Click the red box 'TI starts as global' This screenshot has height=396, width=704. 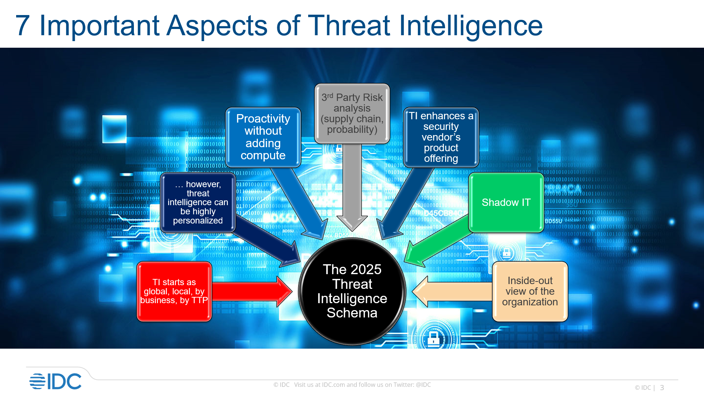tap(174, 291)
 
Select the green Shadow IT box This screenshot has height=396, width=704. tap(506, 202)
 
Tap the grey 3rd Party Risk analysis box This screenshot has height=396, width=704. tap(352, 113)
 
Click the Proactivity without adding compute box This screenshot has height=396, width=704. tap(263, 137)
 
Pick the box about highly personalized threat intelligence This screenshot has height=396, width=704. tap(198, 202)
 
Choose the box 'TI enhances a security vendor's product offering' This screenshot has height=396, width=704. tap(441, 137)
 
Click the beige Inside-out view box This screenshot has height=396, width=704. tap(530, 291)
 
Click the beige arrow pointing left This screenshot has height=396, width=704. tap(451, 292)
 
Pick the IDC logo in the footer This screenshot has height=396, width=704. tap(55, 381)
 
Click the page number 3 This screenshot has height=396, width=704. tap(662, 388)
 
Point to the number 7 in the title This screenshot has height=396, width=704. tap(22, 26)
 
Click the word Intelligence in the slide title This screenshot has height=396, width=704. tap(471, 26)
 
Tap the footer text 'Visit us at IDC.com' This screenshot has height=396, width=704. tap(319, 385)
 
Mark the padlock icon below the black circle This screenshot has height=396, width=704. tap(434, 338)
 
